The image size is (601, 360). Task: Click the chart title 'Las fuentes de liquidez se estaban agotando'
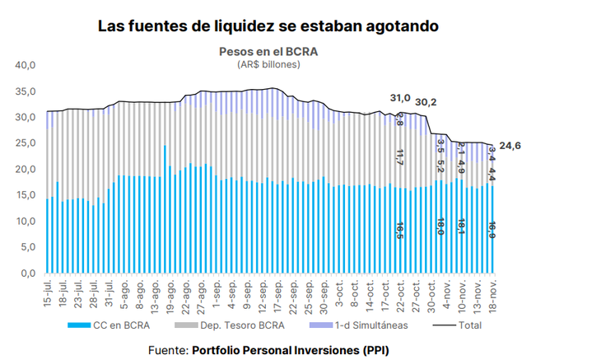click(268, 26)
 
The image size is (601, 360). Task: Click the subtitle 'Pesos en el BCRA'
click(268, 51)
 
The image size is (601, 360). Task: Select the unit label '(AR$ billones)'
click(268, 64)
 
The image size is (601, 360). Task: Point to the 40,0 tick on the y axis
click(27, 65)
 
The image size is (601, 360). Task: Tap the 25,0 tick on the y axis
click(27, 143)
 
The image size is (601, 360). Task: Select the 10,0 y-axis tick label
click(27, 222)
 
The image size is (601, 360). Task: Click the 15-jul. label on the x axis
click(49, 295)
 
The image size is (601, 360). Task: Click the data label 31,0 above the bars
click(399, 99)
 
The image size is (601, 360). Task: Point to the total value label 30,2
click(426, 103)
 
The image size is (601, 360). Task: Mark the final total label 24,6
click(510, 147)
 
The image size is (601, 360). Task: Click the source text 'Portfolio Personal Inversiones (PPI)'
click(290, 349)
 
